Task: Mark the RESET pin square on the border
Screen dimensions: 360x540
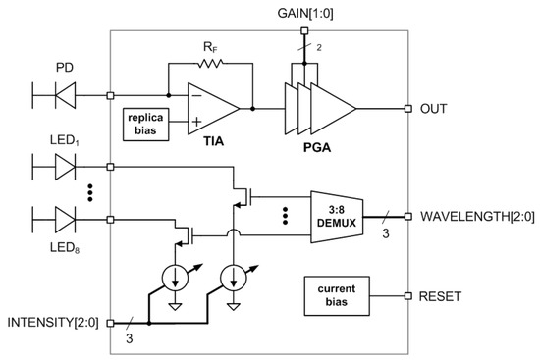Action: (406, 294)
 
